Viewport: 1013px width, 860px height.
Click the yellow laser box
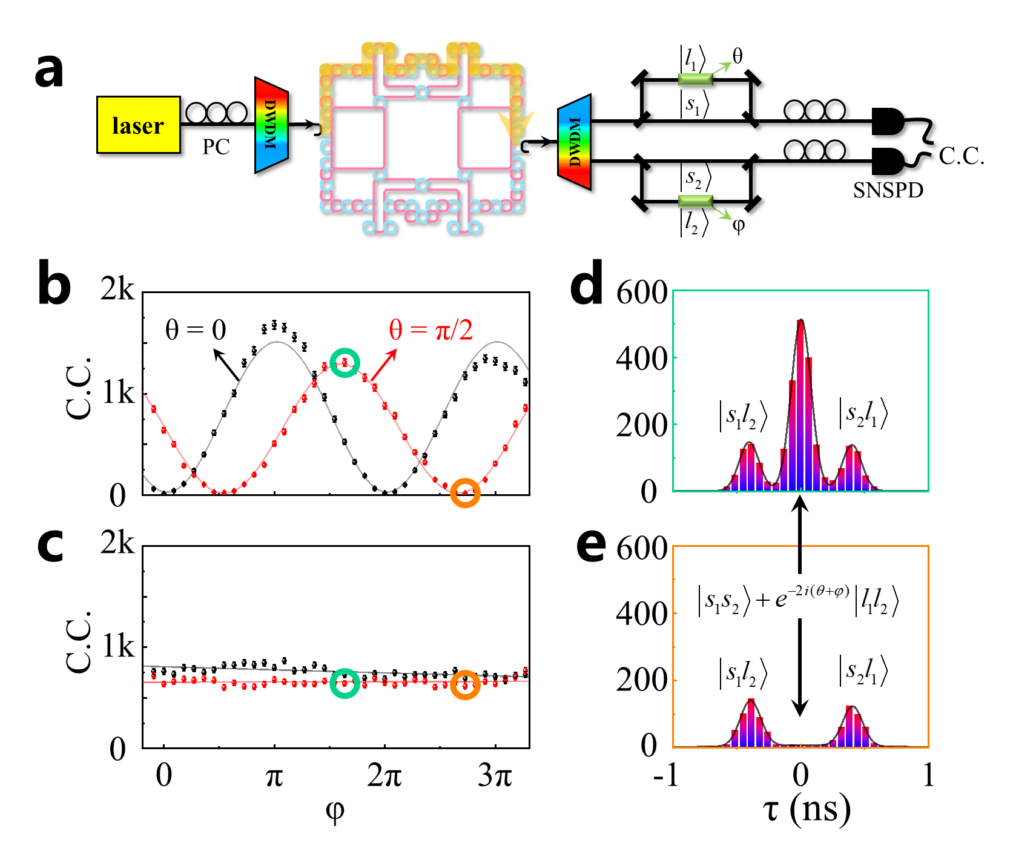click(x=138, y=125)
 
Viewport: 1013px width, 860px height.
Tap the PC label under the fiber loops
click(x=216, y=147)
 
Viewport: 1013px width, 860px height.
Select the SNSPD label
click(x=888, y=190)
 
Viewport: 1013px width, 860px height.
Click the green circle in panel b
click(x=345, y=363)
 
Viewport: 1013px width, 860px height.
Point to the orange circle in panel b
click(x=465, y=492)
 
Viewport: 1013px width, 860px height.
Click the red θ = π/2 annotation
click(x=431, y=329)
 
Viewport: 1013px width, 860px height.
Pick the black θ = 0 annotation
click(x=196, y=330)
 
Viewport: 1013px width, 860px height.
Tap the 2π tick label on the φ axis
click(x=384, y=775)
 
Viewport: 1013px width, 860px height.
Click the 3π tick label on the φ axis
click(x=495, y=775)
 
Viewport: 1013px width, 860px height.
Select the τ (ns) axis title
click(x=807, y=809)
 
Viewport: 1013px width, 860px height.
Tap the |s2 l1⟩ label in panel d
click(x=863, y=414)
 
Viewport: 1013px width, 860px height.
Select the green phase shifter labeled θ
click(x=696, y=79)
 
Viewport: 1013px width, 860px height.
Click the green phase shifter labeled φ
click(x=696, y=201)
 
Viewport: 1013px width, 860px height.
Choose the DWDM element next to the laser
click(x=271, y=125)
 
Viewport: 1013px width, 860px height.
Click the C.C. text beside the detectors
click(x=961, y=156)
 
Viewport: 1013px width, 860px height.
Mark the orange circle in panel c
click(x=465, y=685)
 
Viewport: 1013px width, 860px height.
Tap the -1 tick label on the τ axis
click(x=667, y=775)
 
